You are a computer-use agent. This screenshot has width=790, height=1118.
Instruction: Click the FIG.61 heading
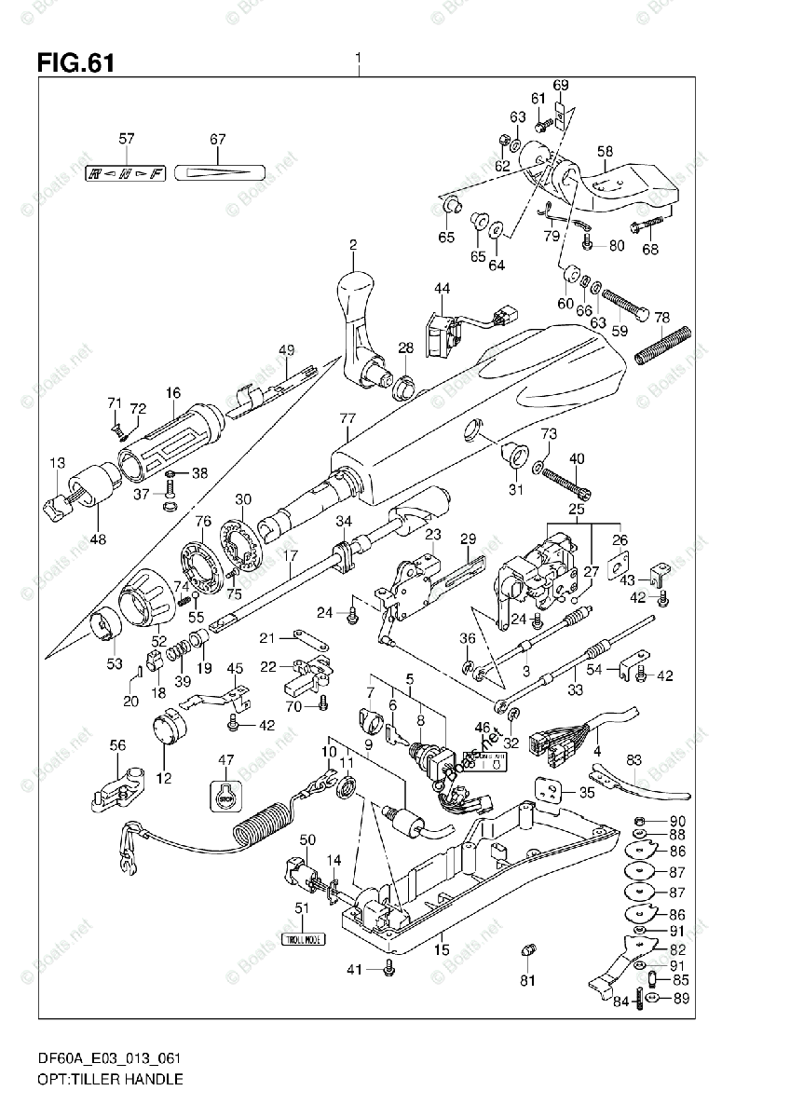75,63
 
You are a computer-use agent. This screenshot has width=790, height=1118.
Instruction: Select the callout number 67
217,140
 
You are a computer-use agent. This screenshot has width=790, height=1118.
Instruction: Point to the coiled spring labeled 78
663,346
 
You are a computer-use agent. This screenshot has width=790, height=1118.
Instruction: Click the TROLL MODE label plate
302,939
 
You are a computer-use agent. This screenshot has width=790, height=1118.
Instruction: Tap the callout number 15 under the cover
442,949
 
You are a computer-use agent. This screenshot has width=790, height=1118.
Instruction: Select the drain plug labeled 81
528,953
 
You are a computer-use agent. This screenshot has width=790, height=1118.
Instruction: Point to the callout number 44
441,289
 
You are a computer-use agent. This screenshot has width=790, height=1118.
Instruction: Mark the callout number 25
577,511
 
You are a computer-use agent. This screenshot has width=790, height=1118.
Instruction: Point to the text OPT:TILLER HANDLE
98,1079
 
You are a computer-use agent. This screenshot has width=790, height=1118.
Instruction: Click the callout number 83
634,760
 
